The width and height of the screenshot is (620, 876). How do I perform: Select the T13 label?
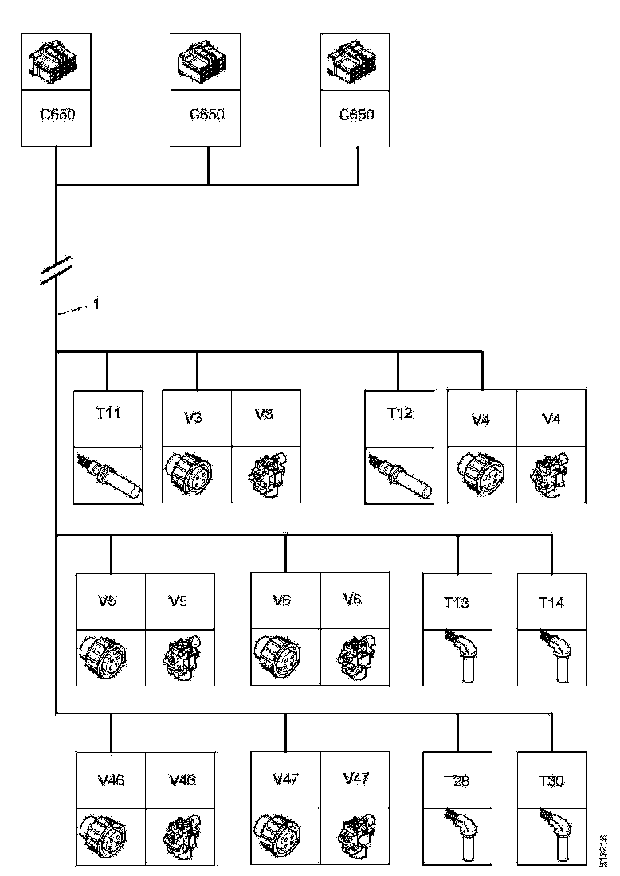pos(457,603)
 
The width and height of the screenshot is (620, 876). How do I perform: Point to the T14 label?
pos(551,603)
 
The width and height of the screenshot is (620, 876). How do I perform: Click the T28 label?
pos(457,781)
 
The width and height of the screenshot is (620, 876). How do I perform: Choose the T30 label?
pos(551,781)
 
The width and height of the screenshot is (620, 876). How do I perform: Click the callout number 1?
pos(96,303)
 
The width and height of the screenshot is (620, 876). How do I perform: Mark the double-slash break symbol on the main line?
pos(57,270)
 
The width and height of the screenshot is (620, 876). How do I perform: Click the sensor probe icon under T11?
pos(108,475)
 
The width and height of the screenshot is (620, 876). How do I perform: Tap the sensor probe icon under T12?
pos(399,475)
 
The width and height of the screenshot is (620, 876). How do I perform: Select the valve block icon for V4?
pos(551,475)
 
